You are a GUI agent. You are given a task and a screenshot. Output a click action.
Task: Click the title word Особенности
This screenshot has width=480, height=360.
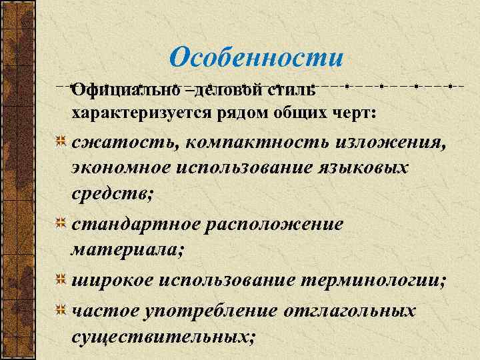[257, 57]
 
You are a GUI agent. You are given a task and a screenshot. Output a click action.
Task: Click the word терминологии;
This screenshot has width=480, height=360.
[374, 281]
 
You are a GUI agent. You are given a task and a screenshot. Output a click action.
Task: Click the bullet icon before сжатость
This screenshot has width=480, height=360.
[60, 141]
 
